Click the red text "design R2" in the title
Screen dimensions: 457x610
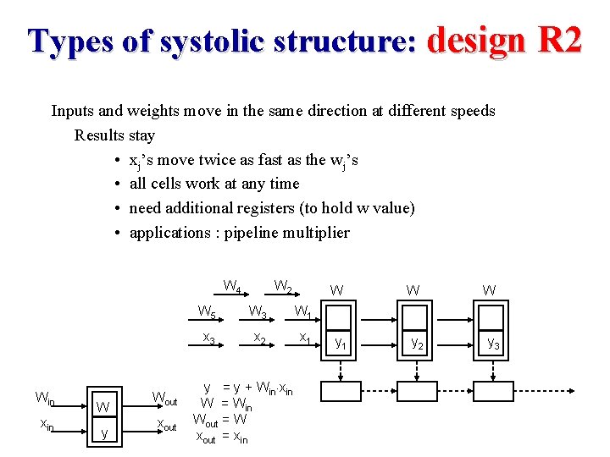coord(504,40)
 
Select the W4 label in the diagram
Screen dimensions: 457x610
coord(232,286)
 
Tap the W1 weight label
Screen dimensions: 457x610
coord(302,312)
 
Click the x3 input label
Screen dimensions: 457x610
coord(208,339)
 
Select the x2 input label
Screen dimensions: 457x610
coord(261,339)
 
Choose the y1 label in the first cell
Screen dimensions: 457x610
coord(340,343)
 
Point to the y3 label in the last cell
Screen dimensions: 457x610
coord(492,343)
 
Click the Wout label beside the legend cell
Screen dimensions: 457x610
coord(164,397)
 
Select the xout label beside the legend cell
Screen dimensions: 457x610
coord(164,426)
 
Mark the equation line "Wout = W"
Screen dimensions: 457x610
coord(221,420)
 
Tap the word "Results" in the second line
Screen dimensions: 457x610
coord(99,135)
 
